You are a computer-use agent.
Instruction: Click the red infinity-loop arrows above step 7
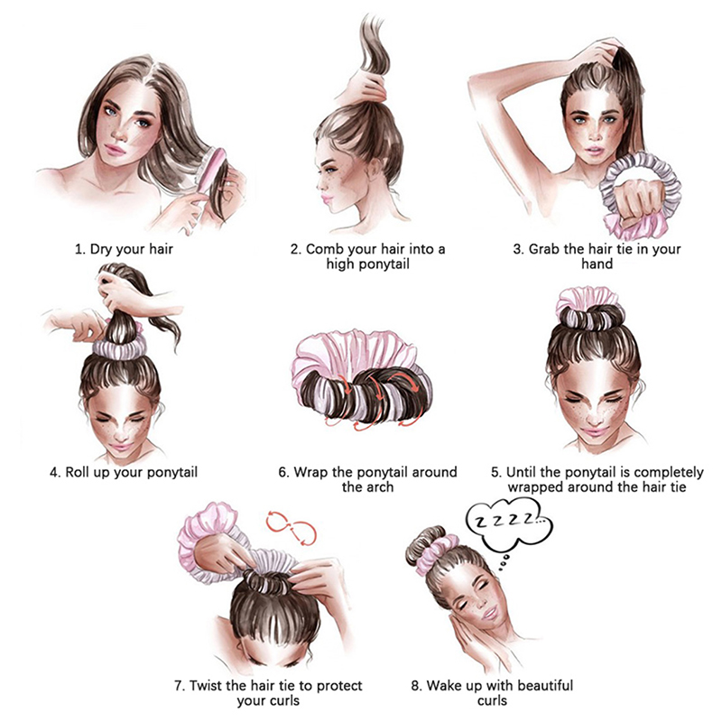[x=291, y=527]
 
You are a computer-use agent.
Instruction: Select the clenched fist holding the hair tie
[x=639, y=198]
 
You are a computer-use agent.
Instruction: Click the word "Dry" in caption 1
[x=101, y=249]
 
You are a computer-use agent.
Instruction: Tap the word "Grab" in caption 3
[x=543, y=249]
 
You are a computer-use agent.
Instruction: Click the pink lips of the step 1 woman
[x=116, y=149]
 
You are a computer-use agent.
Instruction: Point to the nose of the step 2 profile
[x=319, y=185]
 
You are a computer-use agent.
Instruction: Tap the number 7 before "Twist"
[x=179, y=686]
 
